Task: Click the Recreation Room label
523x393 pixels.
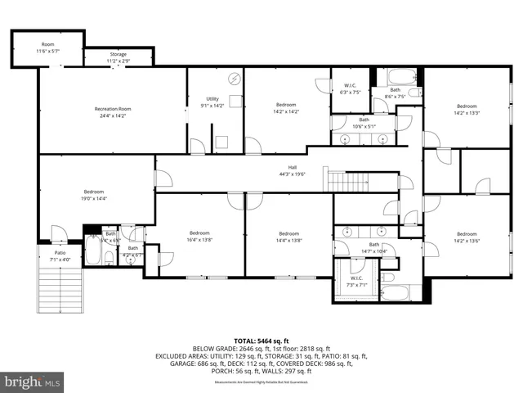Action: (113, 112)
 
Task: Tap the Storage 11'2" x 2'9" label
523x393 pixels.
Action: (118, 58)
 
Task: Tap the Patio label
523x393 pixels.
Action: (60, 256)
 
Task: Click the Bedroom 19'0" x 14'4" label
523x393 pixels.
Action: (93, 195)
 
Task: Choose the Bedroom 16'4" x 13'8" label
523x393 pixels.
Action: (200, 236)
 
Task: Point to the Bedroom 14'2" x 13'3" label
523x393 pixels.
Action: (467, 110)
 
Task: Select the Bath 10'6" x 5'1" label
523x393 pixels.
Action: (364, 123)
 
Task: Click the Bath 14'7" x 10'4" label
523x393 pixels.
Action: (374, 247)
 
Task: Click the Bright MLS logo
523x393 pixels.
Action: (33, 382)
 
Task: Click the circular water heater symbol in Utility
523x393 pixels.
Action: (235, 79)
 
